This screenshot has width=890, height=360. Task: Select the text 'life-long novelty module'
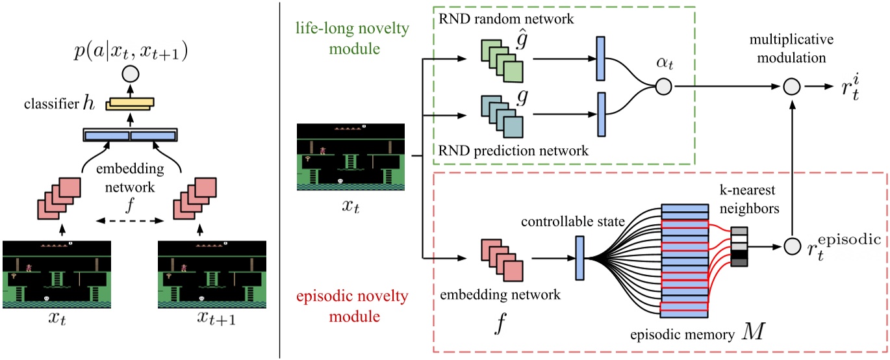(340, 38)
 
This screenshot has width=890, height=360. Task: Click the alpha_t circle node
(663, 86)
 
